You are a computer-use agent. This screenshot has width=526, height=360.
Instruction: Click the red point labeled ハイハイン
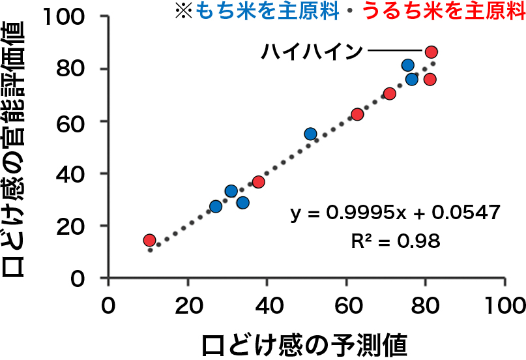click(431, 52)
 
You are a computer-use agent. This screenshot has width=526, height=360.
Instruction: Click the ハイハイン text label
click(311, 51)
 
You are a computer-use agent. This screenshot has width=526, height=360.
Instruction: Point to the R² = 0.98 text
click(395, 241)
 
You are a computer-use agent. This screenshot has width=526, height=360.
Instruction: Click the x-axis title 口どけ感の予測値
click(304, 343)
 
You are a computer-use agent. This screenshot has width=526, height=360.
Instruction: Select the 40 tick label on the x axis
click(267, 305)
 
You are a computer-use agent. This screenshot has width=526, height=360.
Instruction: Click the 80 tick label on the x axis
click(425, 305)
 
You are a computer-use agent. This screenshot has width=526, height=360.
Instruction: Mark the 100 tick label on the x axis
click(504, 305)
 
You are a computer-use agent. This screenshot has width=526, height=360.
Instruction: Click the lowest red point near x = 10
click(149, 240)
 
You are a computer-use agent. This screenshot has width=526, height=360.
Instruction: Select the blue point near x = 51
click(310, 134)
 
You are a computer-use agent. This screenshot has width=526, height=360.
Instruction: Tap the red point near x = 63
click(357, 115)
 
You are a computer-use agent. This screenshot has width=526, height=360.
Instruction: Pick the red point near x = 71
click(390, 94)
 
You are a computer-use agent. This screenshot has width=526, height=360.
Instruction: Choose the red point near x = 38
click(258, 182)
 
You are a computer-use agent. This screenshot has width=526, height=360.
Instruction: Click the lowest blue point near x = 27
click(216, 207)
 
